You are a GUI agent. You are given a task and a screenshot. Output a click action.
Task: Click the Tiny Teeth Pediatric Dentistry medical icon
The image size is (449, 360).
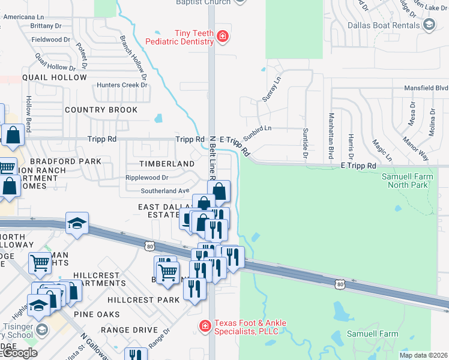coord(223,37)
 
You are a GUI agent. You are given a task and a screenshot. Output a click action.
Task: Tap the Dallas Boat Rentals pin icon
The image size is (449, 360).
coord(429,25)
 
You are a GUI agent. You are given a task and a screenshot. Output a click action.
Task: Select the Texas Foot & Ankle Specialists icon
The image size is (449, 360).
coord(205,327)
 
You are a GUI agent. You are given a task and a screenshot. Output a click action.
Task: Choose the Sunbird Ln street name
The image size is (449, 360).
coord(258,128)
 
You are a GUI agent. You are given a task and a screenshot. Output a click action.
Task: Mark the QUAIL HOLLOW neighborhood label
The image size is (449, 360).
coord(55,77)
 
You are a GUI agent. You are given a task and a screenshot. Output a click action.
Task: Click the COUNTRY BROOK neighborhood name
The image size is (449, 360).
coord(101,110)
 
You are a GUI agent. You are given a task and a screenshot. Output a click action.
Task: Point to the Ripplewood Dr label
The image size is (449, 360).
coord(146,178)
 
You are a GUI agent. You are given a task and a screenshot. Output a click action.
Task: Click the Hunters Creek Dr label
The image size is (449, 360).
coord(122,85)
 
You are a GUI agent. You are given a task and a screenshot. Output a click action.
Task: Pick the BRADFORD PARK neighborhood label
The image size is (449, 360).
coord(65,162)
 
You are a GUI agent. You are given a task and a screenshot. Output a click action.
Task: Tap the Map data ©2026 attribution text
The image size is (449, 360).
coord(423,355)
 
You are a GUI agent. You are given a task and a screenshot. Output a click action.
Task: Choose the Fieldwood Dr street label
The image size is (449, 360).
coord(51,40)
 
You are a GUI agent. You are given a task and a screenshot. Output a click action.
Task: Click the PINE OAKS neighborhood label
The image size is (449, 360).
coord(97,314)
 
